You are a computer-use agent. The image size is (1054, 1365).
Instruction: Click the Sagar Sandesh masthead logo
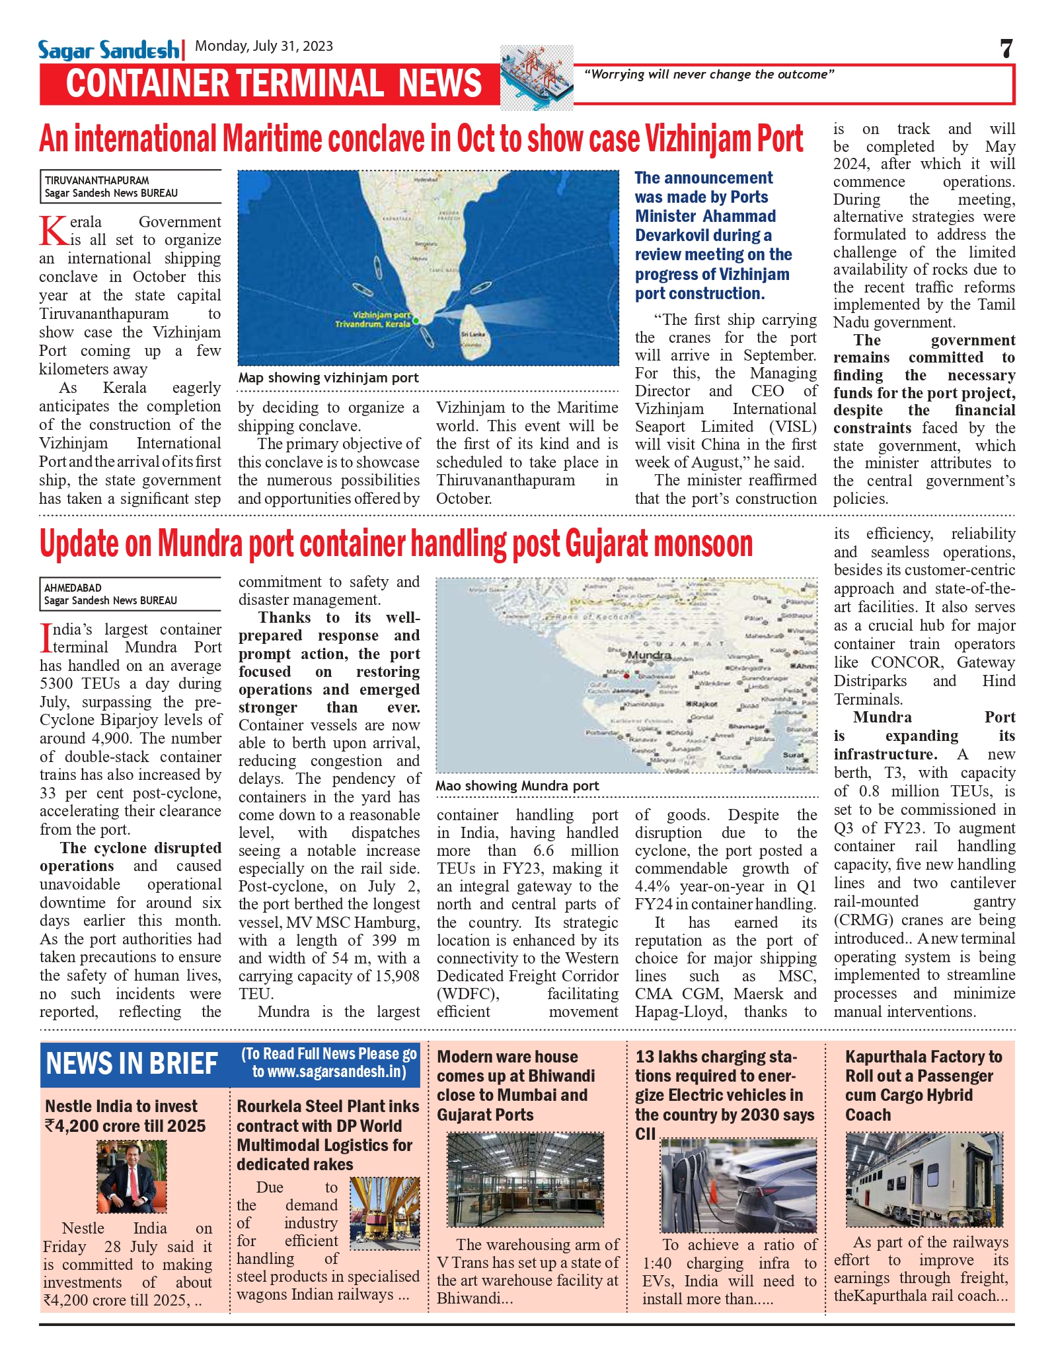[108, 50]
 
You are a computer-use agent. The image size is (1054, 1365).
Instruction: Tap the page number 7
[1006, 49]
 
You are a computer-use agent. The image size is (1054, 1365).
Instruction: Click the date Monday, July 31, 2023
[264, 46]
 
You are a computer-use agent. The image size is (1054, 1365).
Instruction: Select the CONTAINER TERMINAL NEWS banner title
[274, 84]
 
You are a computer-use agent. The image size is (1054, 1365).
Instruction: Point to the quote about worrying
[708, 75]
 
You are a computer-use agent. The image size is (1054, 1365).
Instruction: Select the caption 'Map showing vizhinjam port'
[328, 378]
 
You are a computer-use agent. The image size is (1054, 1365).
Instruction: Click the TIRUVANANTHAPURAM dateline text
[96, 180]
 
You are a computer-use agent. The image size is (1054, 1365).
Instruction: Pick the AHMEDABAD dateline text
[73, 588]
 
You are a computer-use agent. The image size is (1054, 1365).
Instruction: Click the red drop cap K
[53, 231]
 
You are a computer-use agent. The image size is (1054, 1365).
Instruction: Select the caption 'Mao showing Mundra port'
[517, 786]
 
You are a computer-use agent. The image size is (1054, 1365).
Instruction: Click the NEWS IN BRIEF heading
[132, 1064]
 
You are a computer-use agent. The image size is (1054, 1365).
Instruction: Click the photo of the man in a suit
[132, 1177]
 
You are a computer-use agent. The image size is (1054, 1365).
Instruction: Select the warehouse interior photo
[525, 1180]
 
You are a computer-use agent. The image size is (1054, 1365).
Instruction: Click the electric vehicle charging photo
[738, 1185]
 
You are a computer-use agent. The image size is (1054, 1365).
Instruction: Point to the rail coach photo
[924, 1179]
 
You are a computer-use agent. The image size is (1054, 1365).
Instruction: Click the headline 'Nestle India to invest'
[122, 1106]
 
